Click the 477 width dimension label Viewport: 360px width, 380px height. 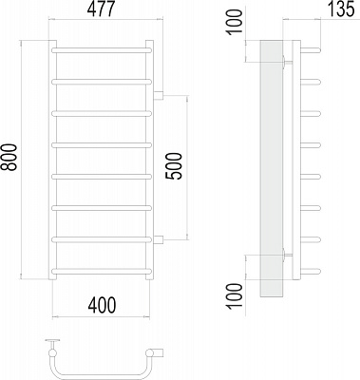tap(101, 9)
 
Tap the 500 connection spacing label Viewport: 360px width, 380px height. tap(175, 166)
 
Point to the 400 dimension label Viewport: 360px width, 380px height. tap(102, 306)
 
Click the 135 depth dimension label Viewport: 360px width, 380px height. tap(340, 9)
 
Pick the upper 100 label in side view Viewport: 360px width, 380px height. tap(235, 21)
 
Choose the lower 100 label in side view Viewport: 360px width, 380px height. tap(235, 295)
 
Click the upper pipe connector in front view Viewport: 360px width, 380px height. tap(158, 95)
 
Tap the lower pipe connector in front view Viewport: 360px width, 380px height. tap(158, 240)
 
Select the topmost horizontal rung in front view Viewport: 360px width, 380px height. tap(102, 50)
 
